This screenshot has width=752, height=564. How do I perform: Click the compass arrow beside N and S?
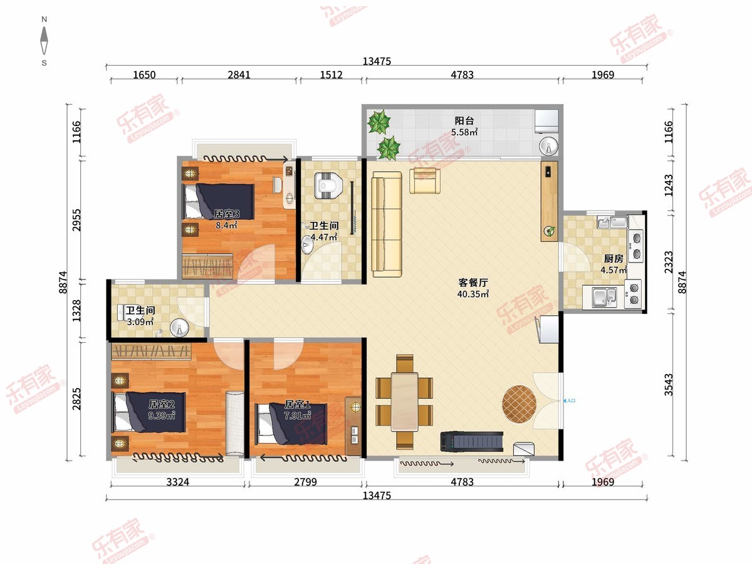[x=44, y=41]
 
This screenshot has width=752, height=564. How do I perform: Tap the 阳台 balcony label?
[x=464, y=120]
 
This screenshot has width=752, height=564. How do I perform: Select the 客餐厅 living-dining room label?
[x=473, y=283]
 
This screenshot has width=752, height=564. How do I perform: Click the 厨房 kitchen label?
[x=614, y=259]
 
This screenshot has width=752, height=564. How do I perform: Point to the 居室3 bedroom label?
[x=226, y=214]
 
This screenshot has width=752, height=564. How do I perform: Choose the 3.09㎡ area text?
[x=140, y=322]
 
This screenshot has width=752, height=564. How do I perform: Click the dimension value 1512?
[x=331, y=75]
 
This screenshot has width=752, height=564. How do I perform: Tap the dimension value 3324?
[x=177, y=482]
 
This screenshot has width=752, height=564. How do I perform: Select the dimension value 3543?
[x=669, y=385]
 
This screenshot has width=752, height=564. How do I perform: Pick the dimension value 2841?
[x=239, y=75]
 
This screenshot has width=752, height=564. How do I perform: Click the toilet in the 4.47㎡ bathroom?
[x=328, y=185]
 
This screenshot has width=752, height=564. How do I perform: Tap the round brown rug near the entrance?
[x=519, y=404]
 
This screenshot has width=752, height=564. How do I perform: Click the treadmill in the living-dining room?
[x=472, y=441]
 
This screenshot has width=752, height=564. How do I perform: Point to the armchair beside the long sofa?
[x=425, y=180]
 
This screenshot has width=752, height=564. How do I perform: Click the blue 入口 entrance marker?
[x=569, y=400]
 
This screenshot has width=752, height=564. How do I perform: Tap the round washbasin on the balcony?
[x=548, y=146]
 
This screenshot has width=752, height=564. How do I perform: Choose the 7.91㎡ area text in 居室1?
[x=298, y=415]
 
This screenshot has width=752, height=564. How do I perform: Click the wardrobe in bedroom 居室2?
[x=151, y=352]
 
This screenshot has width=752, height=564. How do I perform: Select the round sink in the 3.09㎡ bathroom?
[x=179, y=328]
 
